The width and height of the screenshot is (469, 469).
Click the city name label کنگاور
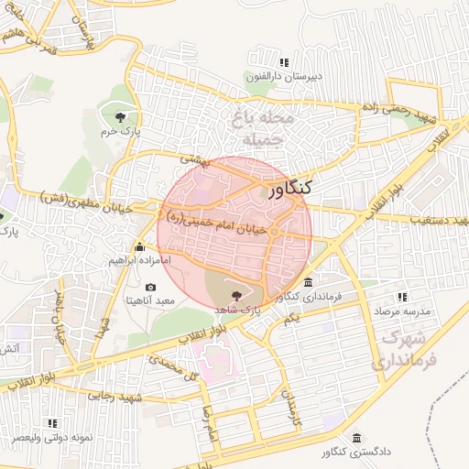290,189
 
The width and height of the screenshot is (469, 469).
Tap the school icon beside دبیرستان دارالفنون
284,62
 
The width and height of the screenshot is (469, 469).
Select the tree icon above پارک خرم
120,115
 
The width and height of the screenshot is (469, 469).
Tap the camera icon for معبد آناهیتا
150,287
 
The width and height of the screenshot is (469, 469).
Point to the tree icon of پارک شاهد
238,295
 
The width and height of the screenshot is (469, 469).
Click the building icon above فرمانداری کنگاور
308,282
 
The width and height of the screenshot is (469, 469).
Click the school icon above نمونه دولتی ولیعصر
52,423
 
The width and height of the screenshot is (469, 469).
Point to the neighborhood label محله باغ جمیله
263,130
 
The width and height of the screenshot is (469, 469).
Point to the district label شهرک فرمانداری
407,349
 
